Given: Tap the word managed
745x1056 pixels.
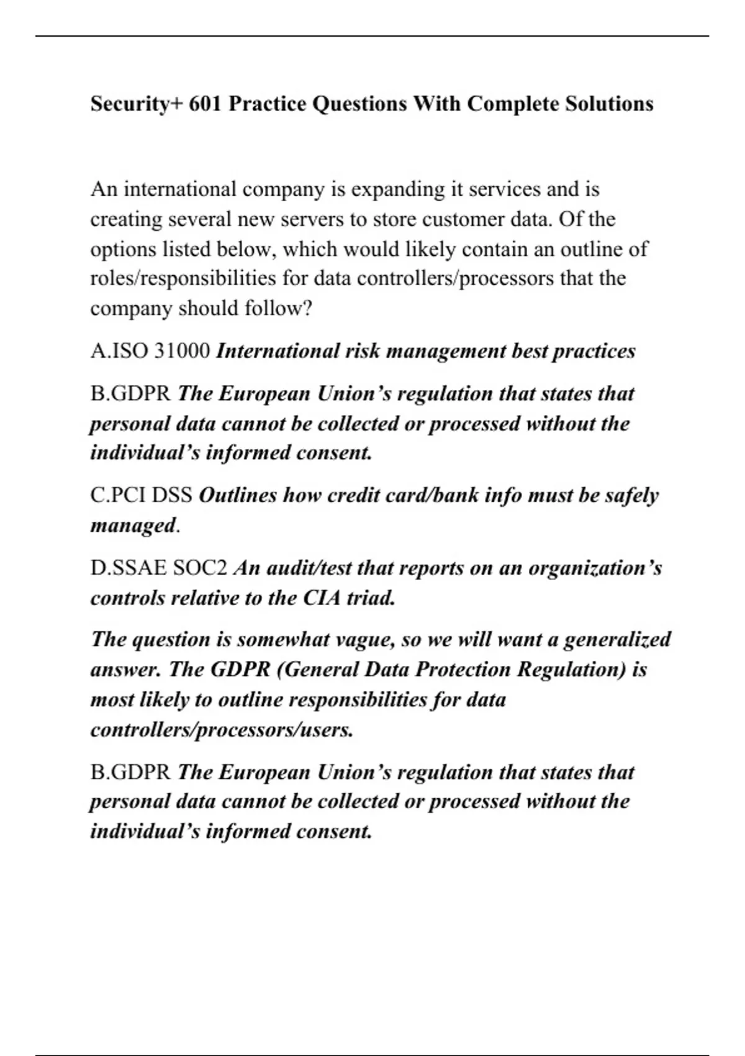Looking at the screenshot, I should click(133, 526).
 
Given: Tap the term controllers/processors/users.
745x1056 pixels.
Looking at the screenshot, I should click(222, 729).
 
